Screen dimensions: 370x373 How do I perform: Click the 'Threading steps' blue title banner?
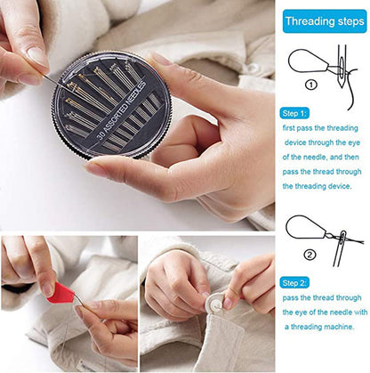point(325,21)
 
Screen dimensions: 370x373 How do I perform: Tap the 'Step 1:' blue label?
point(294,113)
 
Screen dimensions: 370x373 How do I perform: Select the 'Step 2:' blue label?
point(294,283)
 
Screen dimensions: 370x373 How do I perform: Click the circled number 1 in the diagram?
point(311,85)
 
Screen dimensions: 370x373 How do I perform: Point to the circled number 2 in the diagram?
point(310,255)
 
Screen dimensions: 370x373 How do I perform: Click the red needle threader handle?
point(60,293)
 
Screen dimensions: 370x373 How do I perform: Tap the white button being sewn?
point(215,303)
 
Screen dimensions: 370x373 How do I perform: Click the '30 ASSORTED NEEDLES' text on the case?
point(122,110)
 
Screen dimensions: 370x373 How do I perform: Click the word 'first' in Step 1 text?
point(289,128)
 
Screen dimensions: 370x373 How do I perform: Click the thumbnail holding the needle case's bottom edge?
point(96,170)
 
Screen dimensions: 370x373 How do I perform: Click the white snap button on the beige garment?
point(253,68)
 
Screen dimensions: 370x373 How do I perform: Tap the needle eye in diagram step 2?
point(343,237)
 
